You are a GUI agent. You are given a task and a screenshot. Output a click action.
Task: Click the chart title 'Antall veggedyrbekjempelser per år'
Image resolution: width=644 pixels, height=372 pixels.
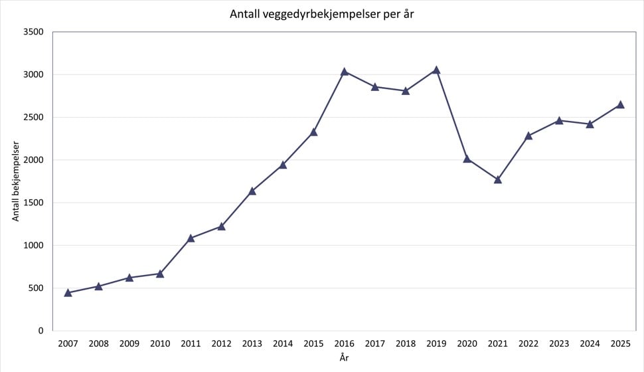322,14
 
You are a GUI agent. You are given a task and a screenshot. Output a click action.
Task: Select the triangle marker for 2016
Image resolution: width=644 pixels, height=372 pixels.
345,71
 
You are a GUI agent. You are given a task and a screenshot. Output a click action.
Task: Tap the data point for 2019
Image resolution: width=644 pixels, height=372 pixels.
436,70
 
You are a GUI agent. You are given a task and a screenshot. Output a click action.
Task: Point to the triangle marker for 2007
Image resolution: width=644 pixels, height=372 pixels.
68,292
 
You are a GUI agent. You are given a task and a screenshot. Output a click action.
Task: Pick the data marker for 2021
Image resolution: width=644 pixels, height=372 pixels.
498,179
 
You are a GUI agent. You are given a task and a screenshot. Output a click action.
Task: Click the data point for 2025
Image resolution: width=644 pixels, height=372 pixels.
621,104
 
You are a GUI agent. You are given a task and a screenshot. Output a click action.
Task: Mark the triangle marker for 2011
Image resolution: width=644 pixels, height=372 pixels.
191,238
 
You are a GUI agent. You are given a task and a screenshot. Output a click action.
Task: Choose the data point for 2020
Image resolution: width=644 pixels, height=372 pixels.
467,159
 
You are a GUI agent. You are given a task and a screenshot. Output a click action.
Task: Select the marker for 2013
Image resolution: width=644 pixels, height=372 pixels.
252,191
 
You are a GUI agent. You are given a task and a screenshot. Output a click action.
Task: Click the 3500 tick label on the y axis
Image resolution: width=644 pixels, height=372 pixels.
33,32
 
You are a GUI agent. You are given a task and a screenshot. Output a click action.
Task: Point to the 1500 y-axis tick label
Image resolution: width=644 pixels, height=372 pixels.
33,203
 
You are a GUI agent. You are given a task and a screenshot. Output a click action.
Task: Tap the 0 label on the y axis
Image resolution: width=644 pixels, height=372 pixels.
40,331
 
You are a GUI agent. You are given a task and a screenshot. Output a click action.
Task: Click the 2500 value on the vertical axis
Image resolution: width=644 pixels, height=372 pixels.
33,118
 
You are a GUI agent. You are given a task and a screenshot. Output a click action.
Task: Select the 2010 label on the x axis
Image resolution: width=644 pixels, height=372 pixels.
160,344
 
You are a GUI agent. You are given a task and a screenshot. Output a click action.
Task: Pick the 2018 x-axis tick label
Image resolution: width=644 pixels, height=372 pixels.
406,344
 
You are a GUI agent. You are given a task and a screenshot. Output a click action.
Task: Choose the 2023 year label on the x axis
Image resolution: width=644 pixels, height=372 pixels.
559,344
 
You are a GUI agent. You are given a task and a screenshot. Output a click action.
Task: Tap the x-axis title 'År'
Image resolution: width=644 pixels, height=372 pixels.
344,358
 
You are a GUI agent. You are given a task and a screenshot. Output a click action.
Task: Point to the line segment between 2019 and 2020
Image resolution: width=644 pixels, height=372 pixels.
451,114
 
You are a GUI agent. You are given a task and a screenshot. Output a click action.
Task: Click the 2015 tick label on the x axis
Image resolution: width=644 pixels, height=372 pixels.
313,344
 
